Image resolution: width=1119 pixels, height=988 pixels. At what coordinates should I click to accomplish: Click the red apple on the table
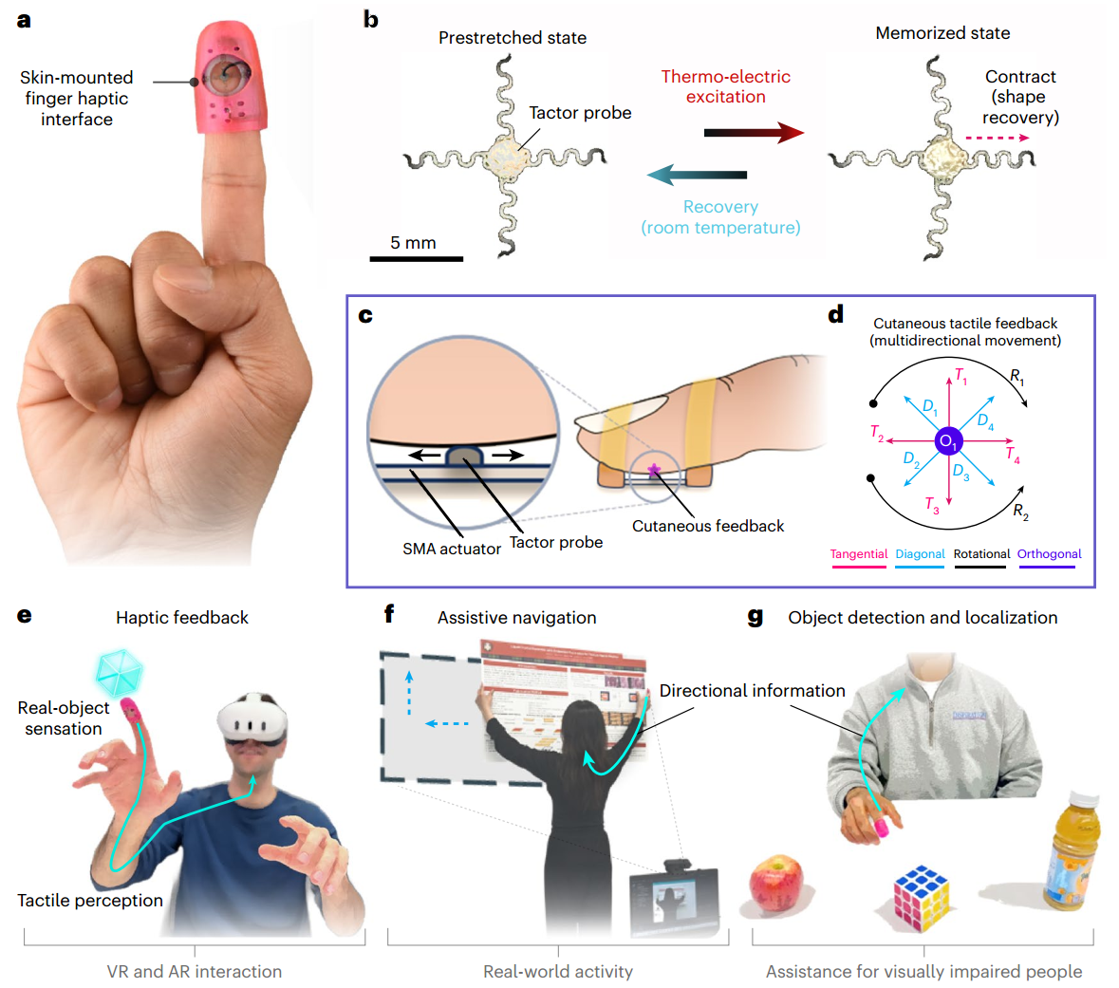(775, 884)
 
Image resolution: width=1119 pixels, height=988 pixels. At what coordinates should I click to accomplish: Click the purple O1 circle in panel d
(948, 441)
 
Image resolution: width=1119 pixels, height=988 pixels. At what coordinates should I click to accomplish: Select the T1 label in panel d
(960, 376)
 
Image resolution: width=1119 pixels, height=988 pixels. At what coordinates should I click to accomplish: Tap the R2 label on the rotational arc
(1020, 513)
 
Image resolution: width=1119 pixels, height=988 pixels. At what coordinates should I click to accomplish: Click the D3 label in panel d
(960, 472)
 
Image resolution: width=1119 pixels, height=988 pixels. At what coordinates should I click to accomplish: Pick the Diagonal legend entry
(920, 554)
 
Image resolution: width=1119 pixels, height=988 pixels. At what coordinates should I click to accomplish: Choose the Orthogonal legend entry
(1049, 554)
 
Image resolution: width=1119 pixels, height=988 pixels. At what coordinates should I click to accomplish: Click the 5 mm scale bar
(416, 257)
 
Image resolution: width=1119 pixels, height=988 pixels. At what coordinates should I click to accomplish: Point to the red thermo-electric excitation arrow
(754, 133)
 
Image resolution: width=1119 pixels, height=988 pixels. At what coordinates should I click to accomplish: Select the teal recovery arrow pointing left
(698, 175)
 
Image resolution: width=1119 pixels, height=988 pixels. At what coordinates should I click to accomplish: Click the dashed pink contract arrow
(997, 139)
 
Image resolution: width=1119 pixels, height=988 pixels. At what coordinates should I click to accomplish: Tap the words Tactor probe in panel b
(580, 113)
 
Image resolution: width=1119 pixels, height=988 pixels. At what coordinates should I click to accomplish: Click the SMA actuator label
(452, 549)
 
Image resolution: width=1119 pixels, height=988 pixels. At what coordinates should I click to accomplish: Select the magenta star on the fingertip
(654, 469)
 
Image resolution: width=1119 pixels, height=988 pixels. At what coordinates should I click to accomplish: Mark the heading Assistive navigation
(516, 618)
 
